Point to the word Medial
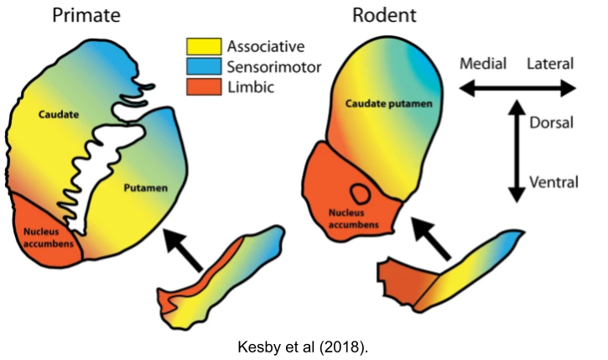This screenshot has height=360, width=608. (480, 64)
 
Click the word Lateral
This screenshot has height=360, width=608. (550, 64)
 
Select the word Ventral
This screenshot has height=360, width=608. (552, 180)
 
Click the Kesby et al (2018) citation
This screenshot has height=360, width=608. (304, 343)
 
